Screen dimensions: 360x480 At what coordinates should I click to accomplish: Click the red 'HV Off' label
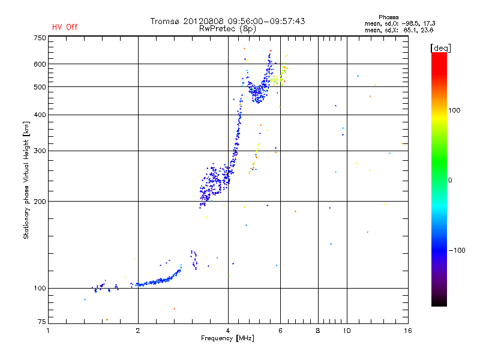pyautogui.click(x=65, y=27)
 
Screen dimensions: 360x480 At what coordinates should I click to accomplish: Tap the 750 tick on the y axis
pyautogui.click(x=40, y=38)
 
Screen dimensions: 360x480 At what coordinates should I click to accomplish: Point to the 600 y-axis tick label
pyautogui.click(x=40, y=64)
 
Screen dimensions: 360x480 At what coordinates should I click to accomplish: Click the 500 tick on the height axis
pyautogui.click(x=40, y=87)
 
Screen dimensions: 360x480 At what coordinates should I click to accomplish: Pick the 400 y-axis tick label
pyautogui.click(x=40, y=115)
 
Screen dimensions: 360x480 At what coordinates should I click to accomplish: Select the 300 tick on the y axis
pyautogui.click(x=40, y=151)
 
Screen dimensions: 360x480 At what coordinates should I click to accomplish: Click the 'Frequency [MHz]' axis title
pyautogui.click(x=227, y=339)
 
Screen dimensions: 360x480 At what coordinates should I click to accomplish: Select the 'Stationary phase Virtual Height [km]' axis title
pyautogui.click(x=26, y=180)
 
